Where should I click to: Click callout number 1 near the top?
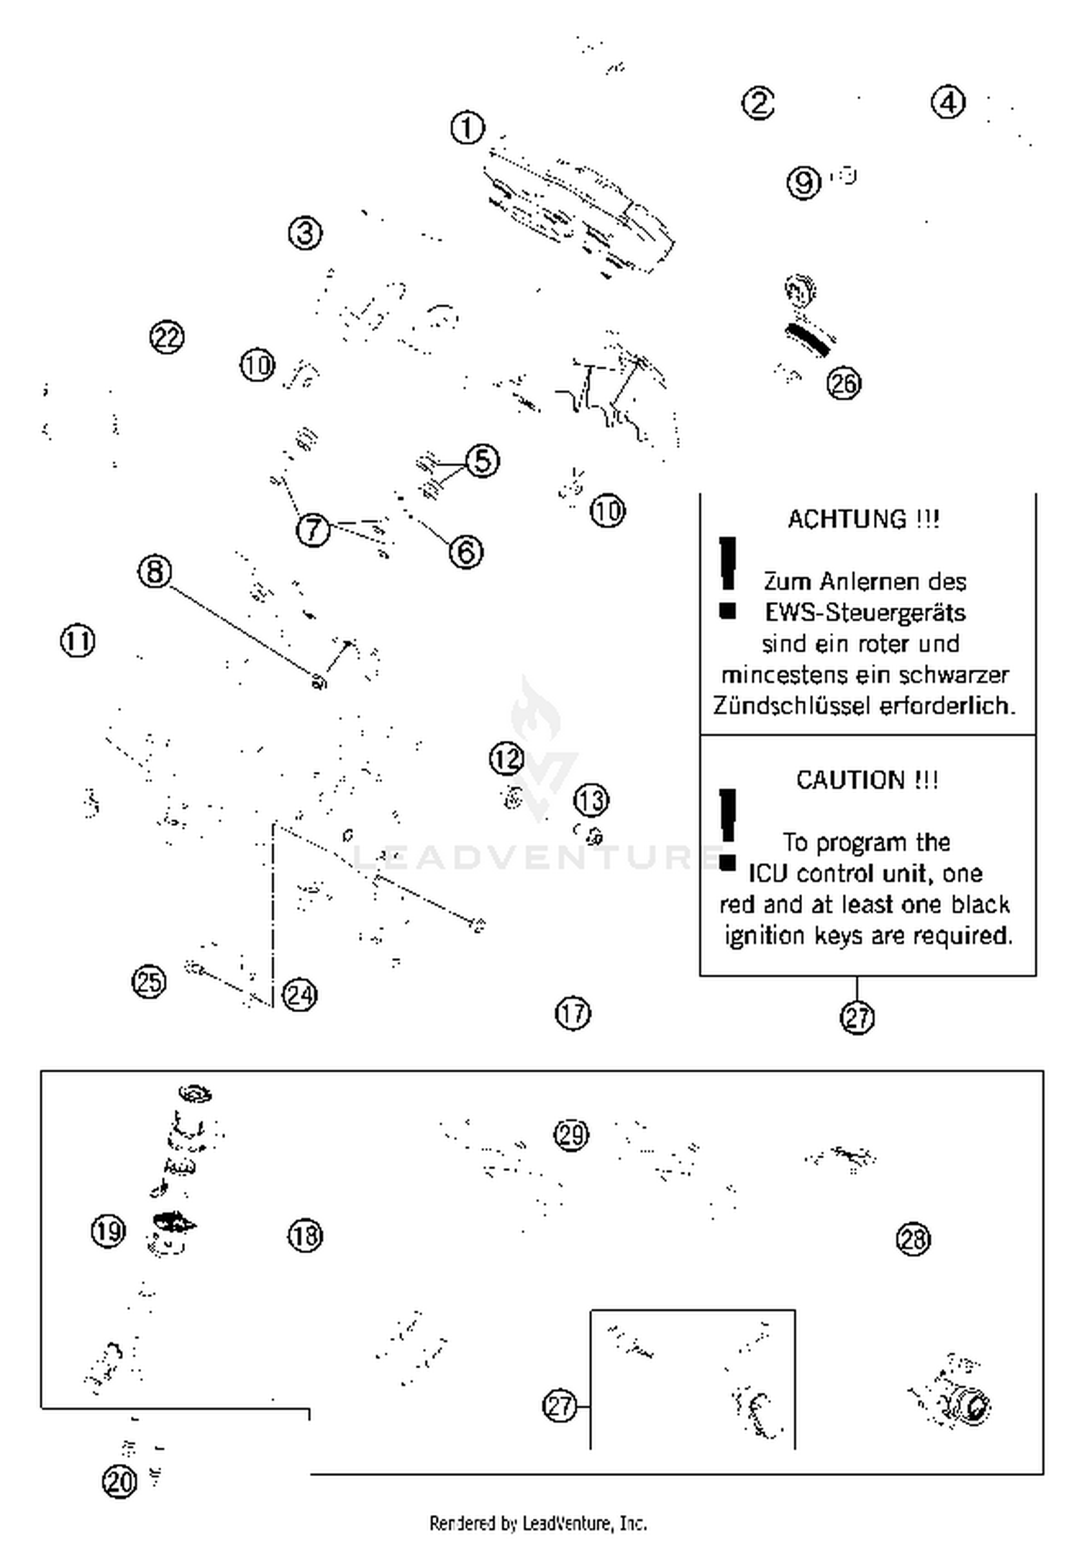468,129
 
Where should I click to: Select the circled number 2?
758,103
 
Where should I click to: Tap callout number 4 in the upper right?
948,103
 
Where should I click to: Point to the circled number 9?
803,182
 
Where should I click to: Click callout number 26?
844,383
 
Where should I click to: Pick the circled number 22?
167,337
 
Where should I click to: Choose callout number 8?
155,572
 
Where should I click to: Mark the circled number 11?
78,641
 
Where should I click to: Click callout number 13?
591,801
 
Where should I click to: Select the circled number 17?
573,1014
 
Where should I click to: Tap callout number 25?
149,982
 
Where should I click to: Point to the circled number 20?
119,1482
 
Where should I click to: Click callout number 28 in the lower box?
914,1239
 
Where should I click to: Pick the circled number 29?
572,1135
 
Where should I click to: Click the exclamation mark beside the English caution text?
727,829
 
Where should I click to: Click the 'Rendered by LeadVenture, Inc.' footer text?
538,1523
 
